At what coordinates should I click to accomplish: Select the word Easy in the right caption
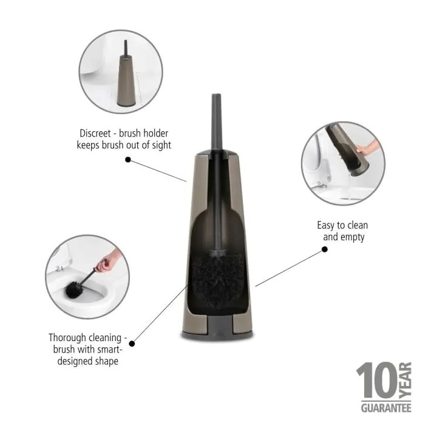[x=326, y=225]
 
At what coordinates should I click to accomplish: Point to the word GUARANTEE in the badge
[x=386, y=408]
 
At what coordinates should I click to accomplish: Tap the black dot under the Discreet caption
[x=128, y=160]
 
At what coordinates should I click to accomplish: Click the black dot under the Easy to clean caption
[x=324, y=248]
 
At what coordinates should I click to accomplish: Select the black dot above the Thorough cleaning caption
[x=132, y=343]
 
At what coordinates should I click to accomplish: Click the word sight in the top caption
[x=158, y=145]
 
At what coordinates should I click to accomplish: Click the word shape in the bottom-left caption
[x=106, y=361]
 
